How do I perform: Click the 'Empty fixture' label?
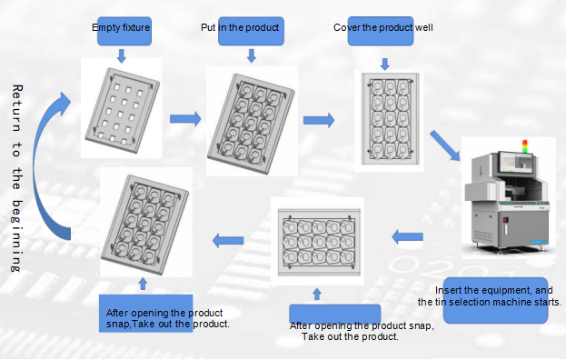click(x=121, y=27)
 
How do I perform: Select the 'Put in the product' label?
click(x=240, y=27)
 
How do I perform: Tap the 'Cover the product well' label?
click(x=383, y=27)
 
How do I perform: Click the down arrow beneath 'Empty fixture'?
click(x=122, y=56)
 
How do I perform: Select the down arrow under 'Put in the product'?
click(x=252, y=56)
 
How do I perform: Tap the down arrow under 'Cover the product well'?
click(x=385, y=65)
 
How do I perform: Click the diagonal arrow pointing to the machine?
click(x=445, y=145)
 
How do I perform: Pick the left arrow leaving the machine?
click(x=407, y=237)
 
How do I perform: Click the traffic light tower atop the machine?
click(x=525, y=145)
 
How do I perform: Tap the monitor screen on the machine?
click(x=517, y=162)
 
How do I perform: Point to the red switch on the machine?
click(x=505, y=220)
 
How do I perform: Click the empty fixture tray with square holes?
click(x=123, y=110)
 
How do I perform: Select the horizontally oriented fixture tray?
click(x=319, y=242)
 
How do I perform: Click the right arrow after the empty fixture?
click(x=185, y=118)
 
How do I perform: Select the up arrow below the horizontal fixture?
click(x=317, y=294)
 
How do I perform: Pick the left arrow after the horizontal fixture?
click(x=228, y=241)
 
